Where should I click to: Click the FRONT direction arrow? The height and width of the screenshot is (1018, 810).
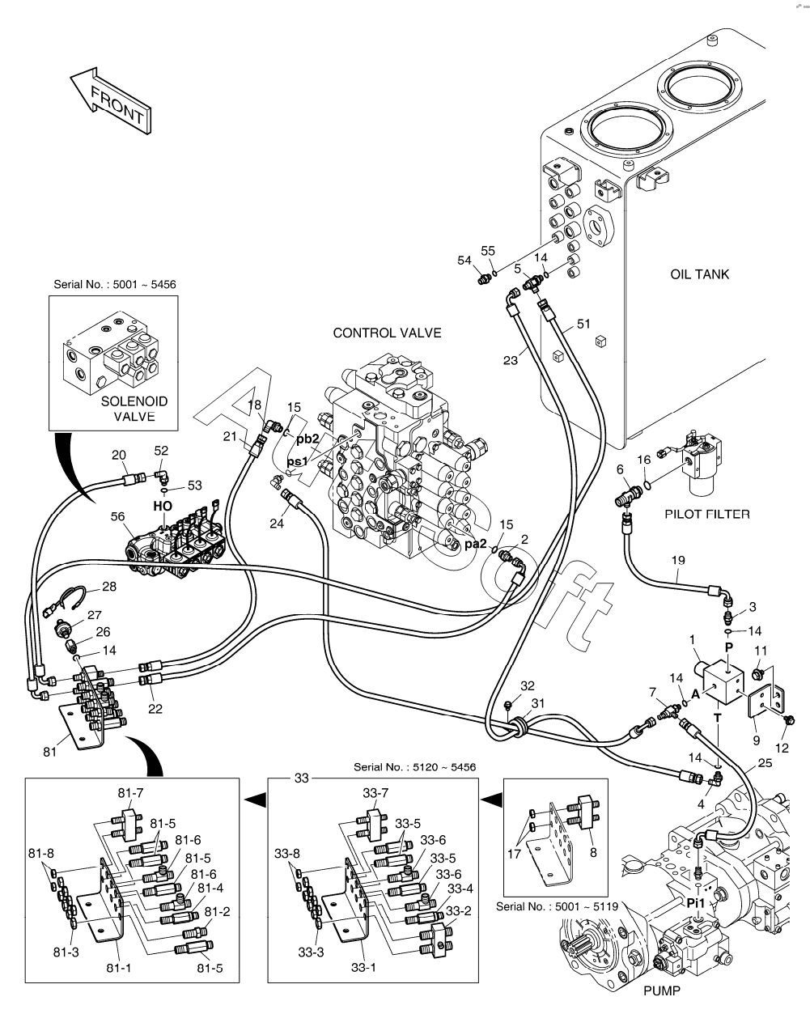tap(109, 99)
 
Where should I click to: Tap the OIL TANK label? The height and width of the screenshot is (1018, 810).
tap(699, 274)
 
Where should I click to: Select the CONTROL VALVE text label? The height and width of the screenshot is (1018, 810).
tap(387, 333)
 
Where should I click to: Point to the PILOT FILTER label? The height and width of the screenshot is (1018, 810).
tap(706, 513)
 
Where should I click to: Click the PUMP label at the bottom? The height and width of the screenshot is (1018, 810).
tap(662, 991)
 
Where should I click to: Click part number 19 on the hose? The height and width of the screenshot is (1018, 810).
tap(678, 560)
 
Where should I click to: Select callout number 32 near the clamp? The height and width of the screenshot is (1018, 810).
tap(528, 685)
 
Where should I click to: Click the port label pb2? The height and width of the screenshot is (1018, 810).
tap(307, 439)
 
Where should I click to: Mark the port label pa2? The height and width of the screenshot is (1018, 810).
tap(475, 544)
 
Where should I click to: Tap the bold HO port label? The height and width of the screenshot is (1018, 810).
tap(163, 506)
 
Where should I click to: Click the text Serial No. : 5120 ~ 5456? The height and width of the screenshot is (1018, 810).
tap(414, 766)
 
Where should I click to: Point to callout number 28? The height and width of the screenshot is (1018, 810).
tap(108, 586)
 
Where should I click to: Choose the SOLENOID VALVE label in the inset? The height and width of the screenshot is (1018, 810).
tap(134, 409)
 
